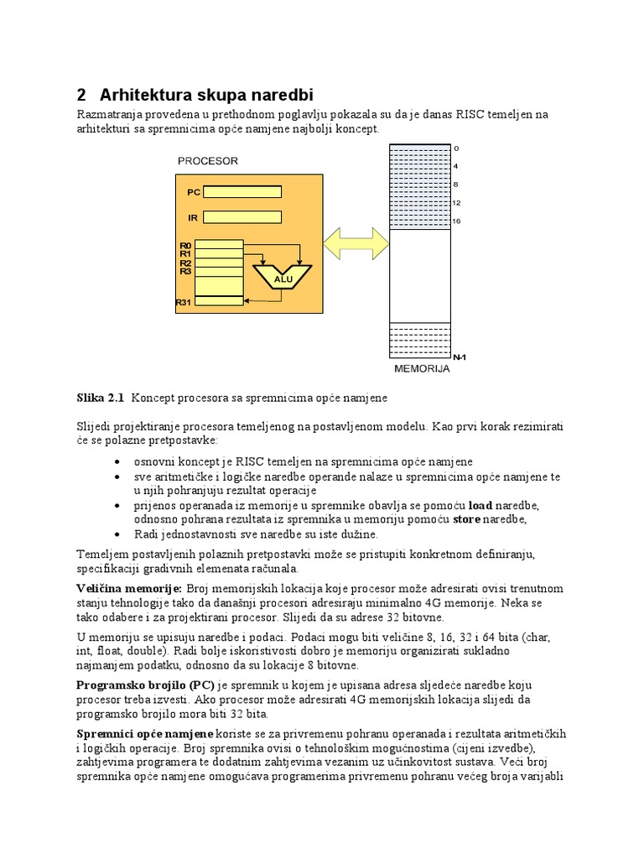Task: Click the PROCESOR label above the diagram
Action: (x=208, y=160)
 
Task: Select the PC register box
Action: (x=254, y=192)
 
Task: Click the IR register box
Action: (x=254, y=217)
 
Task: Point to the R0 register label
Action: (x=185, y=245)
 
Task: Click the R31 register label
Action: (x=184, y=302)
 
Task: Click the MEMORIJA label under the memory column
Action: (x=422, y=368)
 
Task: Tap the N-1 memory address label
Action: (x=459, y=357)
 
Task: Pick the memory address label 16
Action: (x=457, y=221)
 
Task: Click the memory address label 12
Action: (x=457, y=203)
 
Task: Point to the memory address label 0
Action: (x=455, y=148)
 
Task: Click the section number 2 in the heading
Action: (x=81, y=93)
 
